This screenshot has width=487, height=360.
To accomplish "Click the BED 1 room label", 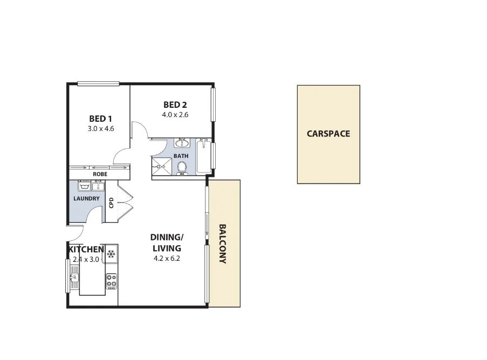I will click(101, 119).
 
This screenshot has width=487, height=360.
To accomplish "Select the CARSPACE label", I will click(328, 134).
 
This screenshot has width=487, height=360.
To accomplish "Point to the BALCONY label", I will click(222, 244).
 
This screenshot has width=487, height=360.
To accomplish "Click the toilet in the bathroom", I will click(182, 168).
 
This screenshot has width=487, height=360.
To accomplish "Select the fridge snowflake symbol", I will click(111, 254).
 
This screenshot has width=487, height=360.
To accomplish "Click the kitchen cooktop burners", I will click(112, 281).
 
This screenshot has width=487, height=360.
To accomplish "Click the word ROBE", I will click(100, 174).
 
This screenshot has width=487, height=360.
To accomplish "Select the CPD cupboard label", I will click(112, 203).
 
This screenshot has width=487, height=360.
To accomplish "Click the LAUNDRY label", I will click(86, 199).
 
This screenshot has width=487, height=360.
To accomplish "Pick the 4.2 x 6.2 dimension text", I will click(167, 258).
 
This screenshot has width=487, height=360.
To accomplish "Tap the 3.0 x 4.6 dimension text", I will click(101, 129).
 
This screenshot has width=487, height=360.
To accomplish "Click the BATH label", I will click(181, 156).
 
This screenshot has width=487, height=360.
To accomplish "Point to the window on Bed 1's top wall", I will click(98, 83).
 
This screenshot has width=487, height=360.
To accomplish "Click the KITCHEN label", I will click(86, 250).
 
